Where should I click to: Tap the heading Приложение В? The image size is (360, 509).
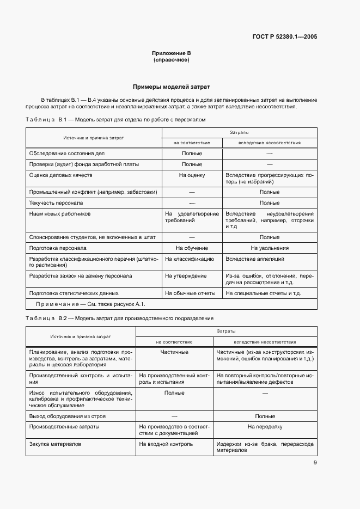point(171,53)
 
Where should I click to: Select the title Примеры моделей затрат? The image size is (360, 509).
point(171,87)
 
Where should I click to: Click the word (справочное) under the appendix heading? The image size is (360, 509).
point(171,60)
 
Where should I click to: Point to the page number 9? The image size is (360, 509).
point(315,463)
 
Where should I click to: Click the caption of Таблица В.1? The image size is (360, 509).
point(116,119)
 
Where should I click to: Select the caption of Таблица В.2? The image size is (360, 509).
point(120,318)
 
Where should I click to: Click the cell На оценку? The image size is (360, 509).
point(192,175)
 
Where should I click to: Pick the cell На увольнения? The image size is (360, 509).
point(269,248)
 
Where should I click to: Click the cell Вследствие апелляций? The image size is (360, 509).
point(254,259)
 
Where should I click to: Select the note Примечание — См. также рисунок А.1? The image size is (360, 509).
point(90,304)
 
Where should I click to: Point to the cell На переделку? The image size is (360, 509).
point(265,427)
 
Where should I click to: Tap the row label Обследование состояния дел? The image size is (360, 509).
point(63,153)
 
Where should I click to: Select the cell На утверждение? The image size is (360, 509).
point(186,276)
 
